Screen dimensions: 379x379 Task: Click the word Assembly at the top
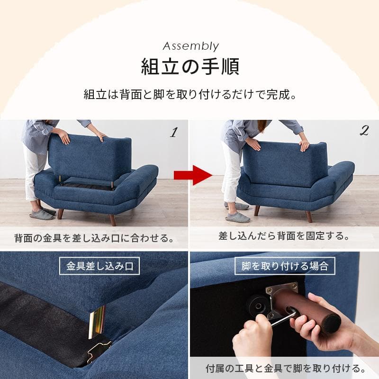pyautogui.click(x=190, y=46)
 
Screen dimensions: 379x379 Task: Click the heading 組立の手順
pyautogui.click(x=190, y=67)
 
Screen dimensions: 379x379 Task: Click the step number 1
pyautogui.click(x=173, y=133)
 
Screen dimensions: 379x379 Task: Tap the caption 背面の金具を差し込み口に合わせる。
pyautogui.click(x=94, y=237)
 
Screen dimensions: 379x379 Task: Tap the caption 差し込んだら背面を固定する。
pyautogui.click(x=284, y=235)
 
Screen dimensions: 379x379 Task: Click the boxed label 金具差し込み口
pyautogui.click(x=99, y=266)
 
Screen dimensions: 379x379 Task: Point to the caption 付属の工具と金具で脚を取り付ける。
pyautogui.click(x=285, y=368)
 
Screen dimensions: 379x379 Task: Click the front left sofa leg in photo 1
pyautogui.click(x=60, y=214)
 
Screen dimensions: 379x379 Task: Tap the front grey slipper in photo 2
pyautogui.click(x=237, y=217)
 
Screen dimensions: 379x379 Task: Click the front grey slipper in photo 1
pyautogui.click(x=42, y=215)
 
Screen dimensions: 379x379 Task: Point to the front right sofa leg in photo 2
pyautogui.click(x=309, y=216)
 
